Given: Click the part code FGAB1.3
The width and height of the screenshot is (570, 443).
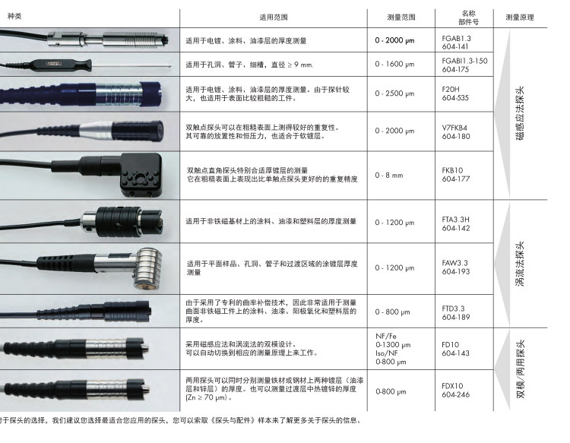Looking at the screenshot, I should click(456, 37).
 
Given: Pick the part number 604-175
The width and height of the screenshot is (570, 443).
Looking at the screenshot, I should click(455, 69).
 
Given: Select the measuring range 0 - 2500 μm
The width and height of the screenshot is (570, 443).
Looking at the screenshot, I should click(394, 93).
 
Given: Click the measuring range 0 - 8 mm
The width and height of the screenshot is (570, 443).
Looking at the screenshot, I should click(389, 175).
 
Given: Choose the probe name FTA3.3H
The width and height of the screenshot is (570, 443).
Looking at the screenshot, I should click(456, 217).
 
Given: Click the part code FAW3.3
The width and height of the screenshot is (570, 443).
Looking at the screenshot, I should click(454, 263).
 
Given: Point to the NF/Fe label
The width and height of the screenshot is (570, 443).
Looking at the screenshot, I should click(386, 335).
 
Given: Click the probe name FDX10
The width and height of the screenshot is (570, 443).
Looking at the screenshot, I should click(453, 386).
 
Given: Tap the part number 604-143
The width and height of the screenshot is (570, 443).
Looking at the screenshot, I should click(455, 353).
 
